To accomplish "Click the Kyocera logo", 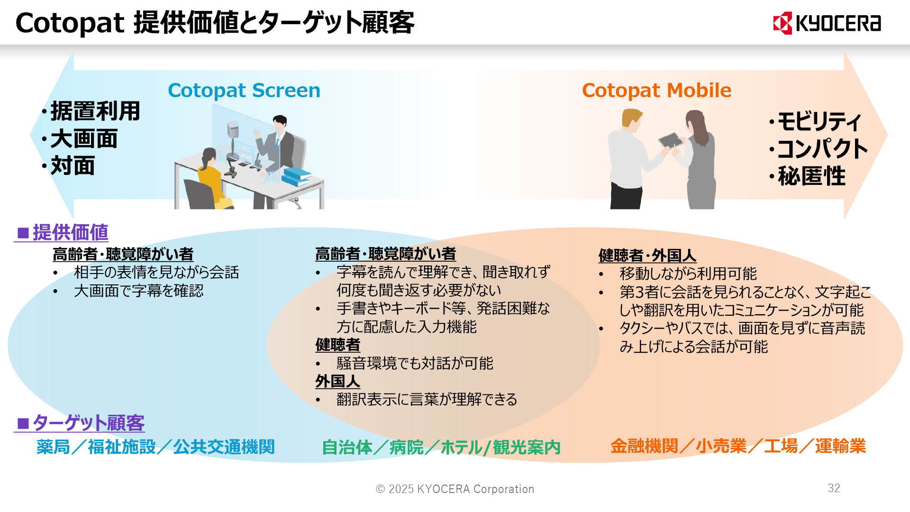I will (x=827, y=23).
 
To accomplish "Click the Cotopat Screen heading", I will (x=244, y=90).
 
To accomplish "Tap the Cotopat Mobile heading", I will (x=656, y=90).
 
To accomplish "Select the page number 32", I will (x=834, y=488).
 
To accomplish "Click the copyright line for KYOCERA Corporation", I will (x=455, y=489).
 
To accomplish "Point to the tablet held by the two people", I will (x=670, y=140).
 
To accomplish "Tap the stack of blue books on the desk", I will (x=296, y=177).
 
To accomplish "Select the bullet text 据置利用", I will (x=95, y=111).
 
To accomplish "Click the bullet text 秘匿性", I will (x=811, y=176).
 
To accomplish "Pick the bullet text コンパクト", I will (x=822, y=149).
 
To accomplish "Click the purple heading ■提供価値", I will (x=62, y=233).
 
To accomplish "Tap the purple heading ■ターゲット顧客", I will (x=80, y=423).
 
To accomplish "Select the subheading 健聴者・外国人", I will (x=646, y=256).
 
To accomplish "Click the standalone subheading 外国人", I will (x=337, y=381).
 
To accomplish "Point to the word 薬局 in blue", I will (x=53, y=447).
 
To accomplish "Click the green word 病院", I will (x=406, y=447).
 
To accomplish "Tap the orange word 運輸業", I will (x=840, y=446).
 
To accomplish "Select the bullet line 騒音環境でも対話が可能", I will (x=414, y=363).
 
